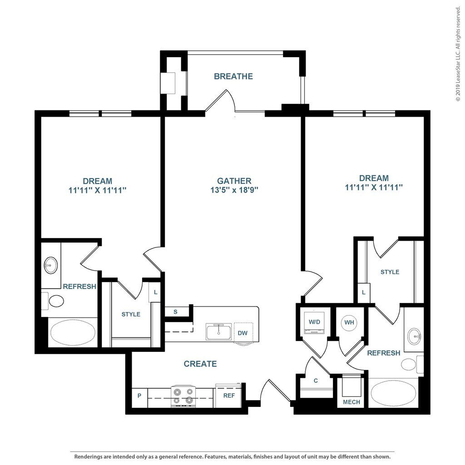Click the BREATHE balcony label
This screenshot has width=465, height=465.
pyautogui.click(x=233, y=76)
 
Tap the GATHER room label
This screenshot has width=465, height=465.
pyautogui.click(x=234, y=181)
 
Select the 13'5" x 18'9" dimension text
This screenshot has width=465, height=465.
pyautogui.click(x=234, y=190)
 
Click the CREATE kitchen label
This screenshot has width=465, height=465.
pyautogui.click(x=200, y=364)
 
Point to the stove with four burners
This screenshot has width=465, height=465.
pyautogui.click(x=183, y=396)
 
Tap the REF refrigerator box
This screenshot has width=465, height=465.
pyautogui.click(x=229, y=396)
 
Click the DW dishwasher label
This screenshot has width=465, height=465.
pyautogui.click(x=242, y=333)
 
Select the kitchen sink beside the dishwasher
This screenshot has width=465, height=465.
pyautogui.click(x=219, y=332)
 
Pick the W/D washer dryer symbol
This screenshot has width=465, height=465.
pyautogui.click(x=314, y=322)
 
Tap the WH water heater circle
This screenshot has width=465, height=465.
pyautogui.click(x=349, y=322)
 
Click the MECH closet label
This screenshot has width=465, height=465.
pyautogui.click(x=351, y=402)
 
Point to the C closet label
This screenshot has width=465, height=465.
pyautogui.click(x=316, y=381)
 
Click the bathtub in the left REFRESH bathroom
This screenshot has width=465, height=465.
pyautogui.click(x=73, y=332)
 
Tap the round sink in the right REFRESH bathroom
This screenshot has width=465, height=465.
pyautogui.click(x=414, y=337)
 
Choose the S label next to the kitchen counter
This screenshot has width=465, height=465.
pyautogui.click(x=176, y=312)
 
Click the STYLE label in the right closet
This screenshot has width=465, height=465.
pyautogui.click(x=390, y=272)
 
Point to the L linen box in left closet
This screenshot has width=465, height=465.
pyautogui.click(x=155, y=292)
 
